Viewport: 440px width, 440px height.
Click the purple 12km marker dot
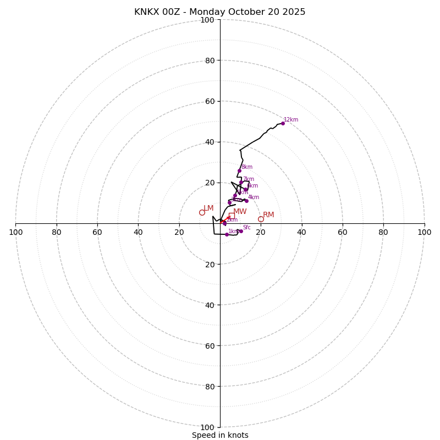283,123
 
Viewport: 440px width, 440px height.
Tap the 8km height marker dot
239,170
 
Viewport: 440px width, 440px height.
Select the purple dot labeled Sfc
241,231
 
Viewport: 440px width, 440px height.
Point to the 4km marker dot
246,201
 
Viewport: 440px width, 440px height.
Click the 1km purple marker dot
227,234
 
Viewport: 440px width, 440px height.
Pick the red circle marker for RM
261,219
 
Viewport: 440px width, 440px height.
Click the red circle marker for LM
202,212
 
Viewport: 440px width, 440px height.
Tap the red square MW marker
232,216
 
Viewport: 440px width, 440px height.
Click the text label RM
268,215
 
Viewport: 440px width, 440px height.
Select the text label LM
208,208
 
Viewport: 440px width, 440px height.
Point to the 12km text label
291,120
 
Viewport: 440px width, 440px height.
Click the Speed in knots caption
220,435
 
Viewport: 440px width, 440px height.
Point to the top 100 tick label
207,20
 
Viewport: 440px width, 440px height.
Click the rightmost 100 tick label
425,232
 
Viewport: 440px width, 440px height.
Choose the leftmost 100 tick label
16,232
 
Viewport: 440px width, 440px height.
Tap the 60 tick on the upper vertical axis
210,101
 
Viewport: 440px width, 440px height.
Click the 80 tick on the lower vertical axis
210,387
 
